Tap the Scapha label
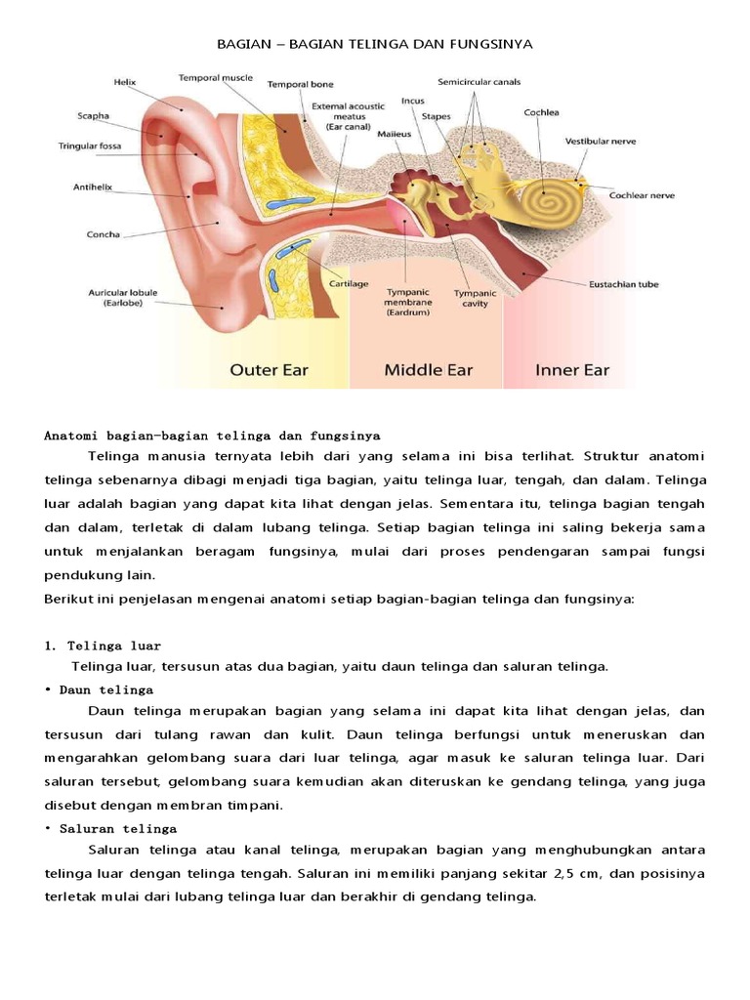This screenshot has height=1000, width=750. pyautogui.click(x=94, y=115)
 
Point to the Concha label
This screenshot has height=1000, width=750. pyautogui.click(x=104, y=234)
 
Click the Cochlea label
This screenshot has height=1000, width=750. pyautogui.click(x=541, y=112)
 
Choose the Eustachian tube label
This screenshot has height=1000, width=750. pyautogui.click(x=623, y=284)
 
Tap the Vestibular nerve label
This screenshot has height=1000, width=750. pyautogui.click(x=601, y=141)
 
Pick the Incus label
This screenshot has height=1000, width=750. pyautogui.click(x=413, y=100)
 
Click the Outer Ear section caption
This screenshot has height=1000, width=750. pyautogui.click(x=271, y=370)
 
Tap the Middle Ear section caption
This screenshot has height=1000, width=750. pyautogui.click(x=428, y=370)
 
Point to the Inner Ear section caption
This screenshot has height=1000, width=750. pyautogui.click(x=572, y=370)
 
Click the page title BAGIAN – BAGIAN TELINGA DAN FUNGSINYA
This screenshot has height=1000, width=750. pyautogui.click(x=374, y=45)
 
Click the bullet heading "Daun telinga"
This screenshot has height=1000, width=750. pyautogui.click(x=105, y=688)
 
